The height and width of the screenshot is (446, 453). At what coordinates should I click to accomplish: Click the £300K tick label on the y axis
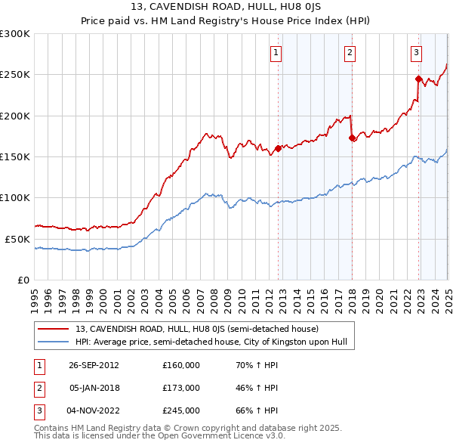coord(15,34)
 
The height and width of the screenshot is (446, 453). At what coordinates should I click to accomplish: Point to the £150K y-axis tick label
coord(15,156)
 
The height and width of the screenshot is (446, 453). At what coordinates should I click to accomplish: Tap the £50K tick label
coord(17,239)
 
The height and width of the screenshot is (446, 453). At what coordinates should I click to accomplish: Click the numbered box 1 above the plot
coord(276,53)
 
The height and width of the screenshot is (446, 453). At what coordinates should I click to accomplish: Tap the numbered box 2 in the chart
coord(350,53)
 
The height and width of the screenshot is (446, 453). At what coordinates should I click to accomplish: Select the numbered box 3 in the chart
coord(416,53)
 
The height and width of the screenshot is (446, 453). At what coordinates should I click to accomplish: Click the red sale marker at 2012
coord(279,148)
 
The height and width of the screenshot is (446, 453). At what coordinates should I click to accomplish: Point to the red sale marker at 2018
coord(353,138)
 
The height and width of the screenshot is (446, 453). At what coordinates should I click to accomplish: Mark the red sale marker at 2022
coord(418,78)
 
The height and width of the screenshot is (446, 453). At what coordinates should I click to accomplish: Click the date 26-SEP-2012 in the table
coord(94,365)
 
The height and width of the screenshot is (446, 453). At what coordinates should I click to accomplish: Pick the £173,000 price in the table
coord(181,388)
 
